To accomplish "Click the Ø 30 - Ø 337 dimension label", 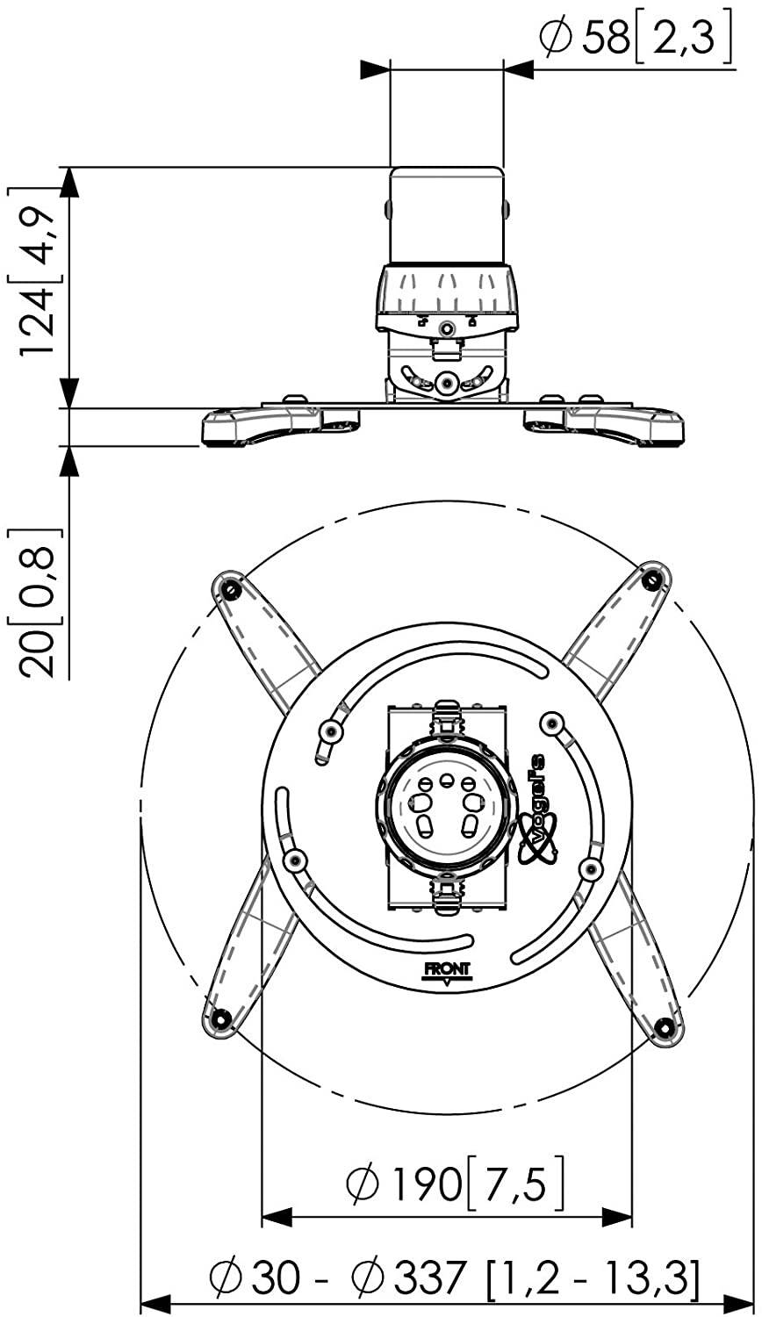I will pyautogui.click(x=454, y=1279).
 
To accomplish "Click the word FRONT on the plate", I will pyautogui.click(x=448, y=970).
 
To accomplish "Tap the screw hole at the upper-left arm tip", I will pyautogui.click(x=229, y=589).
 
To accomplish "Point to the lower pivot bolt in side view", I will pyautogui.click(x=447, y=383).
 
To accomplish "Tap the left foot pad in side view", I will pyautogui.click(x=263, y=425).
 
